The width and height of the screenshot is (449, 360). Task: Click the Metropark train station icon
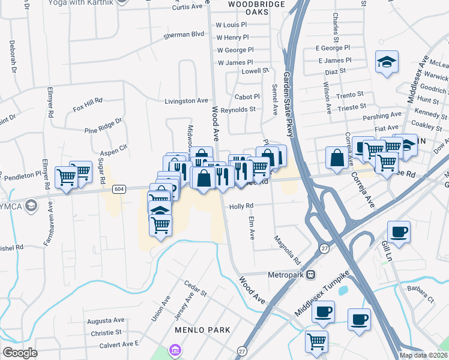[311, 275]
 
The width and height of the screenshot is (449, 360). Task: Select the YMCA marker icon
[31, 207]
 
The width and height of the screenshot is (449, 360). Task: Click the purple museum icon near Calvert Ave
[175, 349]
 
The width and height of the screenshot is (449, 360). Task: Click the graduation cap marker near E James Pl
[387, 61]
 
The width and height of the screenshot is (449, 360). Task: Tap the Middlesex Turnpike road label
[322, 300]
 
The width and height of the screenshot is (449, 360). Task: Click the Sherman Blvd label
[184, 35]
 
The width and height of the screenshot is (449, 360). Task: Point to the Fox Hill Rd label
[88, 104]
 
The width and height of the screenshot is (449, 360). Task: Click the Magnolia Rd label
[286, 248]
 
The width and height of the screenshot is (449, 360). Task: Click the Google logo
[20, 353]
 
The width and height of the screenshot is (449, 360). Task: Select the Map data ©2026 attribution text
[424, 355]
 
